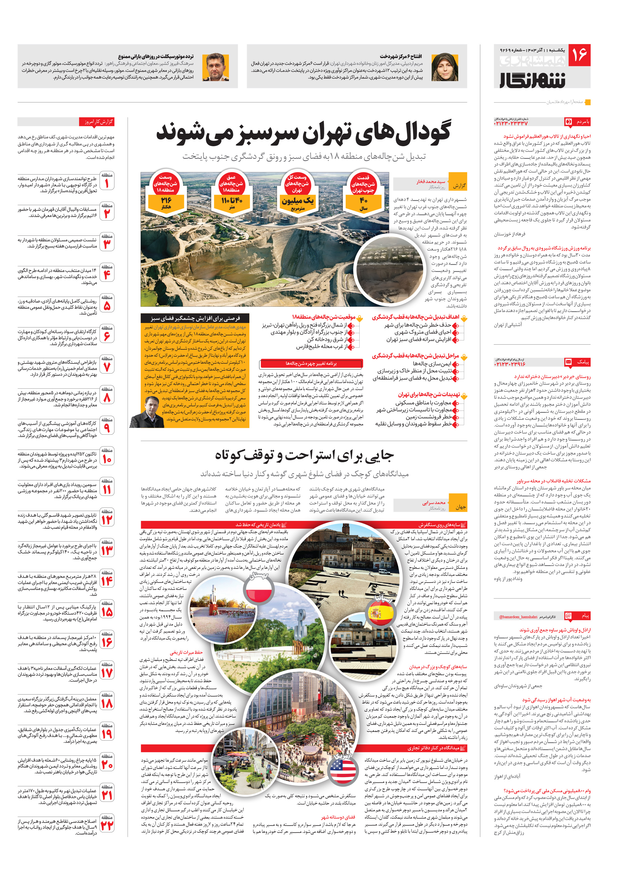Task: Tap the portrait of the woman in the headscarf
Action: [444, 67]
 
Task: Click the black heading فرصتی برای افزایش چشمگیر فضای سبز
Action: [195, 318]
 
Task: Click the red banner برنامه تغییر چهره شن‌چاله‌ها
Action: [311, 363]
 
